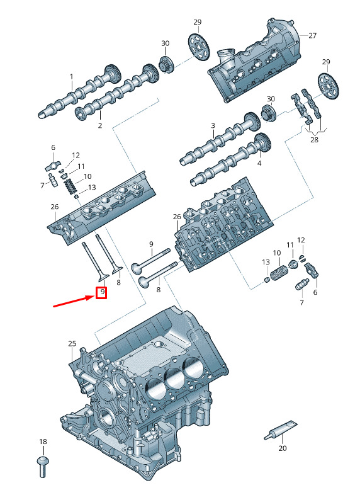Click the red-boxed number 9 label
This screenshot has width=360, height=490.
[x=101, y=293]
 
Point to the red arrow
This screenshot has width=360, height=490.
[x=74, y=301]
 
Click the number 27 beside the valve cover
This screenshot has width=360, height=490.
[x=312, y=36]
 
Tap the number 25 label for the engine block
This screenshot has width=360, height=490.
[x=72, y=343]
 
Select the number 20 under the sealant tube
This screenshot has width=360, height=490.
[x=282, y=448]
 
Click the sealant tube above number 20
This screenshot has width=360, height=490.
[x=280, y=430]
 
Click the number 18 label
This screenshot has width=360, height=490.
[x=43, y=442]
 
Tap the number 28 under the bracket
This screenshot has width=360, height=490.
[x=314, y=140]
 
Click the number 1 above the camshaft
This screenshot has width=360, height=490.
[x=72, y=77]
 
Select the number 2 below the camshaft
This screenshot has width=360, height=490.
[x=100, y=125]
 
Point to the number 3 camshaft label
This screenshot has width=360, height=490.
[x=213, y=125]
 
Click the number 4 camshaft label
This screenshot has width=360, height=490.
[x=259, y=163]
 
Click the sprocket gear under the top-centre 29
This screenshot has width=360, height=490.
[x=199, y=47]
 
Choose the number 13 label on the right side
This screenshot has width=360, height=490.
[x=266, y=262]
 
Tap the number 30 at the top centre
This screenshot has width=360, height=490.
[x=165, y=43]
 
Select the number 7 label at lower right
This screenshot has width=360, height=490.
[x=301, y=302]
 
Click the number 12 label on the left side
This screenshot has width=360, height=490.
[x=76, y=155]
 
